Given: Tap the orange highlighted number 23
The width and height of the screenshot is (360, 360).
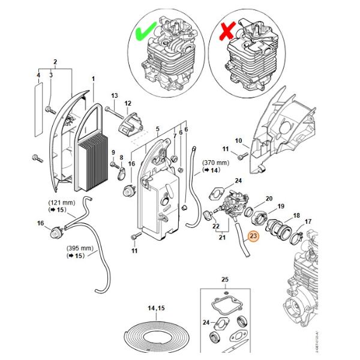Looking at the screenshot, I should coord(253,236).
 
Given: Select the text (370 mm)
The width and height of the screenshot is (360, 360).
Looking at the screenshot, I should coord(215,163).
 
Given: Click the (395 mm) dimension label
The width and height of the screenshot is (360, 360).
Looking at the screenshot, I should coord(78,248).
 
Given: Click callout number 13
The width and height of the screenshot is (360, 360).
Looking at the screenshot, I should coord(115,96).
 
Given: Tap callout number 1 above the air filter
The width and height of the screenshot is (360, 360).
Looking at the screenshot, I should coord(93,79).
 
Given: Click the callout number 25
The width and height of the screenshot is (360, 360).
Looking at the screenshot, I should coord(225,280).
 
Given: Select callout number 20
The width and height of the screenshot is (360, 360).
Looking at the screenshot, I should coord(269,199).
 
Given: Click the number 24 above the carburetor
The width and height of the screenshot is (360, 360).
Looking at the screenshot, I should coord(238,181).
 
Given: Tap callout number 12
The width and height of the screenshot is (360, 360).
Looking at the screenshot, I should coord(127,104).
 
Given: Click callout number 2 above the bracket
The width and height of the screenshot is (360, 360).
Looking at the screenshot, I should coord(55,62).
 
